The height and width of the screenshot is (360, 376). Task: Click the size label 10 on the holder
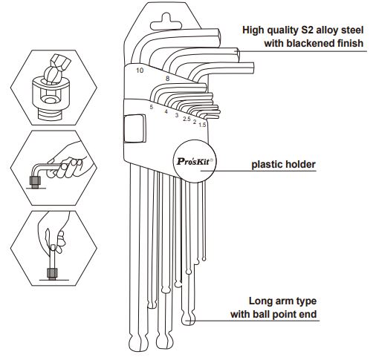(140, 71)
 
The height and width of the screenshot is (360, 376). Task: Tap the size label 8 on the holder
(167, 79)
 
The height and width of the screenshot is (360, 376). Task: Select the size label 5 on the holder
(152, 108)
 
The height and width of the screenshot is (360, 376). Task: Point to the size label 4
(166, 111)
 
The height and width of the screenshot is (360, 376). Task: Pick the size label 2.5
(187, 119)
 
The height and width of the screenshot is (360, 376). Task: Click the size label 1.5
(202, 125)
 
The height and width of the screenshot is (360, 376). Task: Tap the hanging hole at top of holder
(166, 23)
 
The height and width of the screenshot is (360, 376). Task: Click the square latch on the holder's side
(134, 128)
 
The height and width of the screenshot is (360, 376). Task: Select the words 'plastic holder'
(284, 165)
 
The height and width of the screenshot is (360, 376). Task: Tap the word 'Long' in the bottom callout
(260, 301)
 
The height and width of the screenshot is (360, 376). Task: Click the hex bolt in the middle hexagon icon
(35, 182)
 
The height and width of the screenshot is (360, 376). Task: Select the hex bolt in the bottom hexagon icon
(52, 273)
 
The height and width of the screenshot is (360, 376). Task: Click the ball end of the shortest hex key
(204, 259)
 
